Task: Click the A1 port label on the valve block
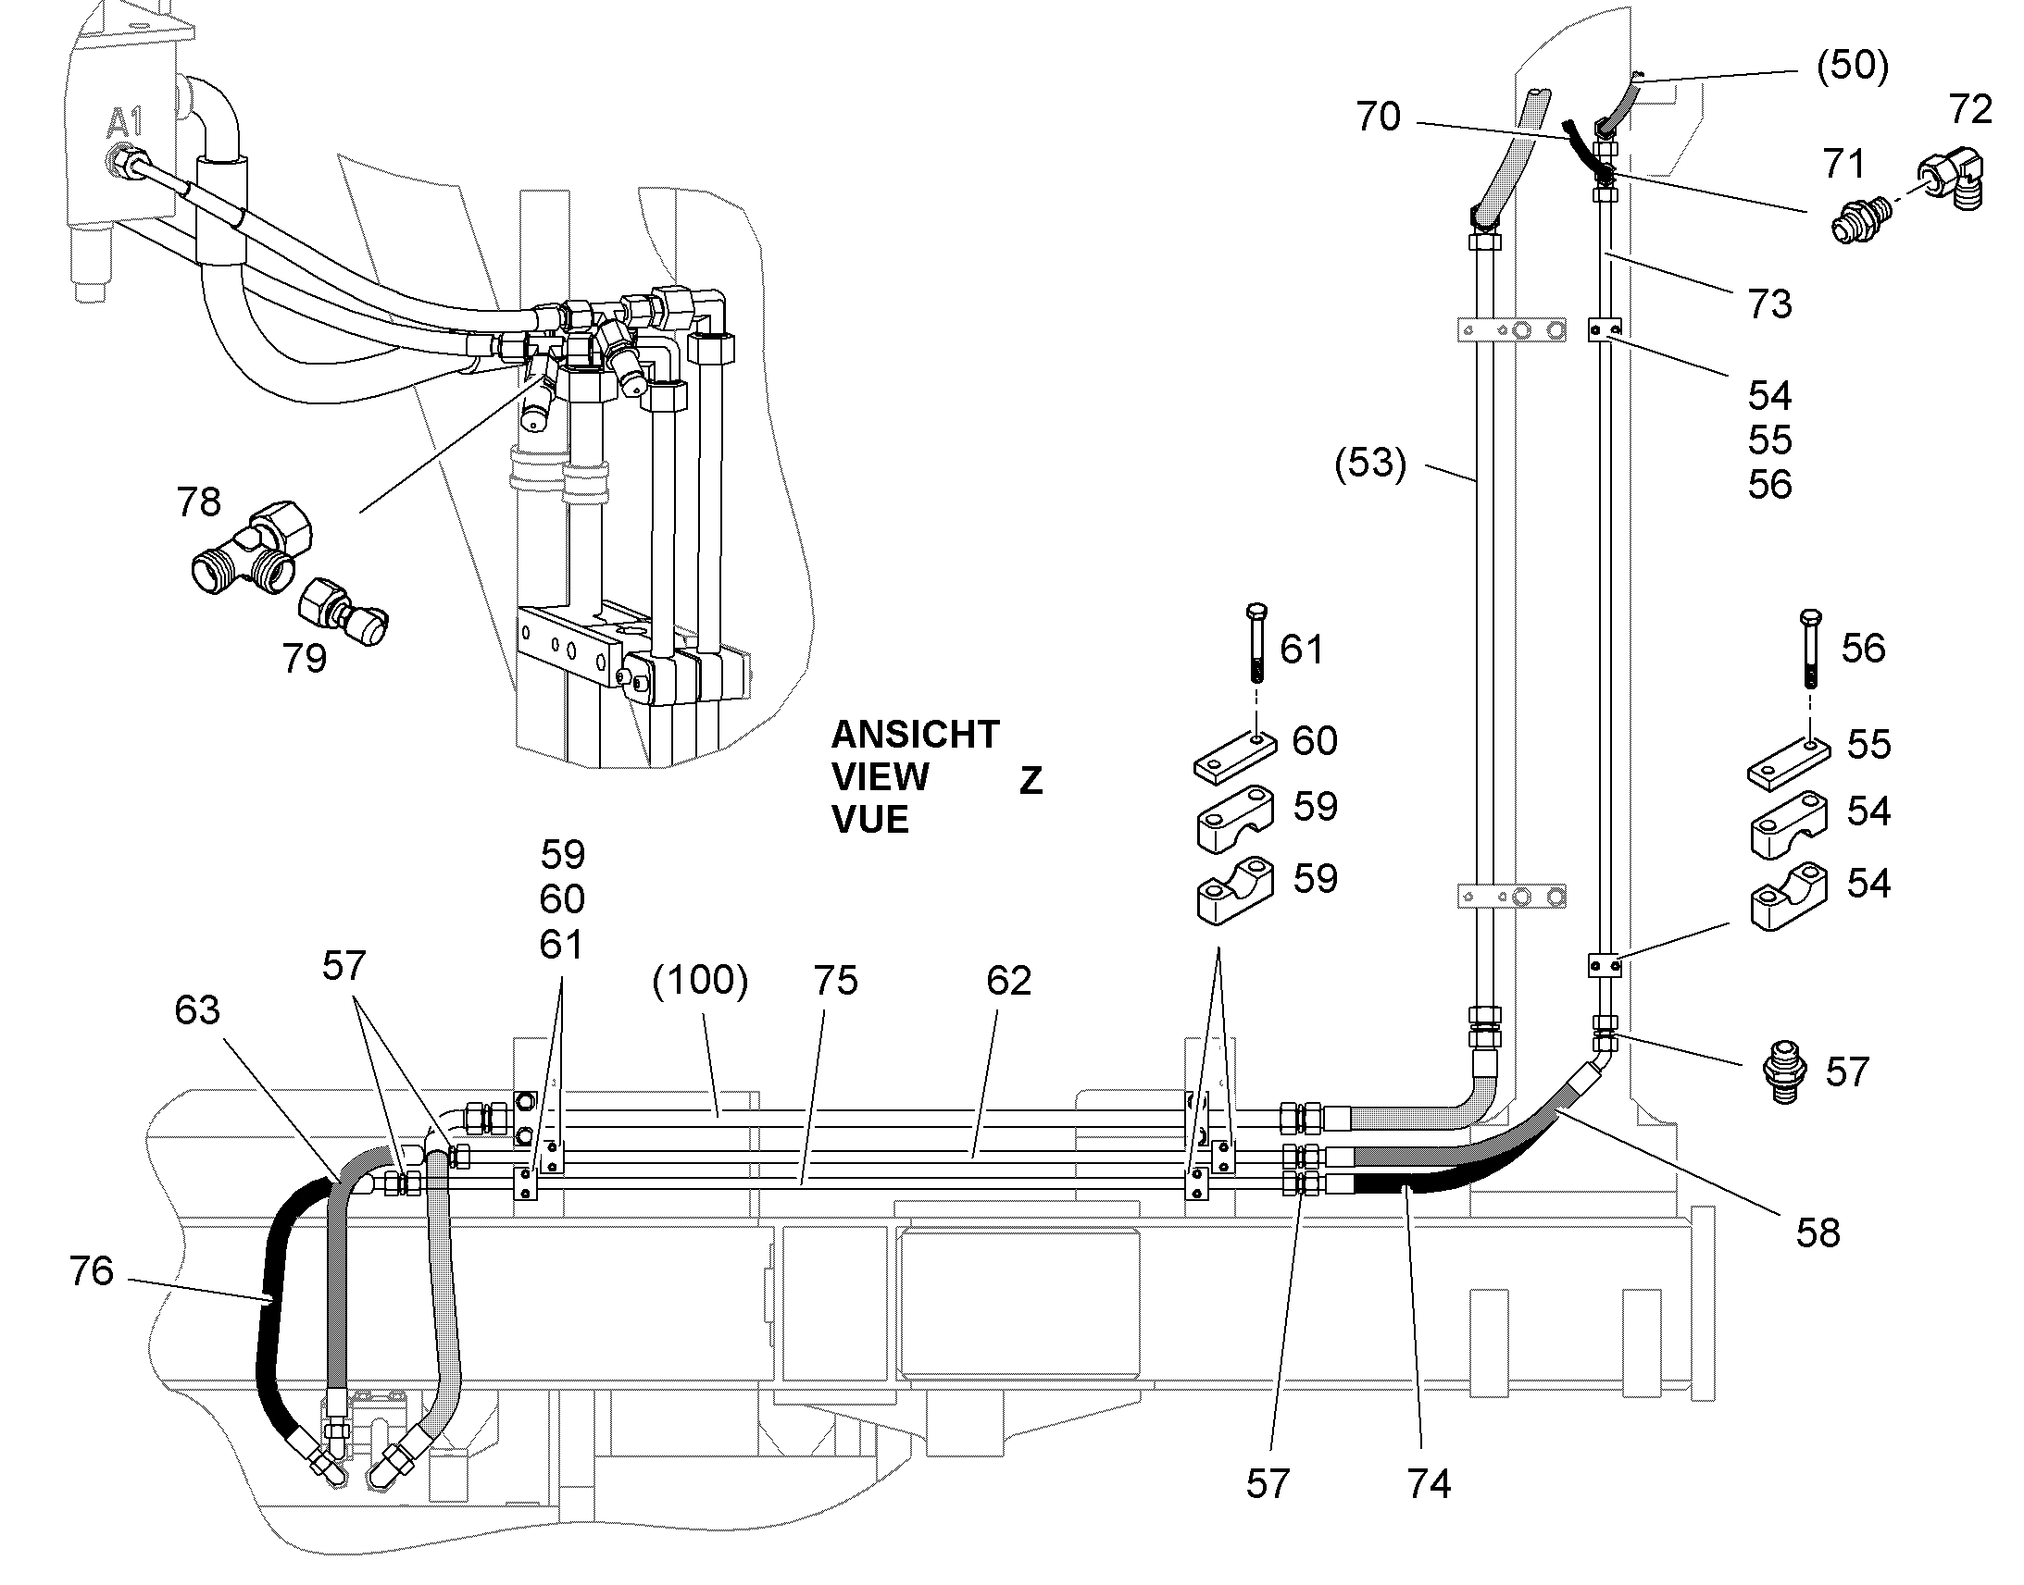[x=124, y=123]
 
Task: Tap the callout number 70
[x=1378, y=117]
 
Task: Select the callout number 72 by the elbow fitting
[x=1970, y=109]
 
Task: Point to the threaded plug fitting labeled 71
[x=1857, y=215]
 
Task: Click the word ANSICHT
[x=915, y=735]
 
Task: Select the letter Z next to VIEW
[x=1031, y=780]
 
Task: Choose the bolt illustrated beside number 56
[x=1810, y=649]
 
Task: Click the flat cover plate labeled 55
[x=1788, y=762]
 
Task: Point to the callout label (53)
[x=1370, y=463]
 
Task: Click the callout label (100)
[x=700, y=980]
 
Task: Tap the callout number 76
[x=91, y=1270]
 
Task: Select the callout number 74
[x=1429, y=1484]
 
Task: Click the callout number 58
[x=1817, y=1232]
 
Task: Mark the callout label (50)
[x=1852, y=67]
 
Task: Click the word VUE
[x=870, y=821]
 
